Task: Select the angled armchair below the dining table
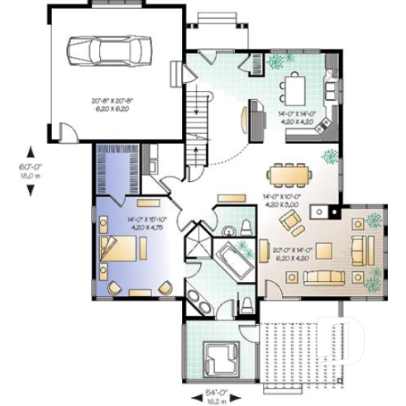[290, 221]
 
